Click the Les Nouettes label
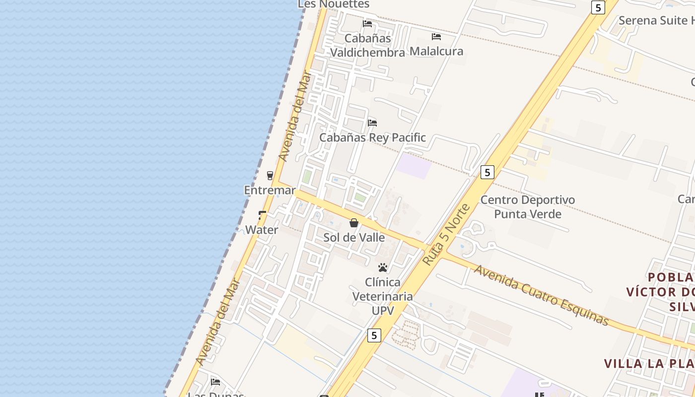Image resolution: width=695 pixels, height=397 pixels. tap(334, 4)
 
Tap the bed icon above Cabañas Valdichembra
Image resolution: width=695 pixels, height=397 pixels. tap(367, 23)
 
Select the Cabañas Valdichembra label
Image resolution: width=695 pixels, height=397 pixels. tap(368, 45)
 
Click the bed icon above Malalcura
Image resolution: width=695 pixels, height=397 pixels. tap(436, 36)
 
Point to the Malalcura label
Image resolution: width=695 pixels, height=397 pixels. tap(436, 51)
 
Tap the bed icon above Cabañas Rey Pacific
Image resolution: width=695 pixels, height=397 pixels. tap(372, 123)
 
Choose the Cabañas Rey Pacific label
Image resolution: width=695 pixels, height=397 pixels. tap(372, 137)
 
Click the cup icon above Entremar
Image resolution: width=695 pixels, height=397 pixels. tap(270, 175)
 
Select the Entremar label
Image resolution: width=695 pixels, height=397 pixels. tap(270, 190)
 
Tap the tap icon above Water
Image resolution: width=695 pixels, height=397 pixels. tap(262, 215)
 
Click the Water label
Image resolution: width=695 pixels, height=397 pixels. tap(262, 230)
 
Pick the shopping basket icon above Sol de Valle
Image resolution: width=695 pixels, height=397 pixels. tap(354, 223)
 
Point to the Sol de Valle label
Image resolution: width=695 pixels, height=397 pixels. tap(354, 237)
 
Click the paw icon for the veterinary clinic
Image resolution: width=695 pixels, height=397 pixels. tap(383, 267)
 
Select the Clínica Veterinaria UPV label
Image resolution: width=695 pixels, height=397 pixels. tap(383, 296)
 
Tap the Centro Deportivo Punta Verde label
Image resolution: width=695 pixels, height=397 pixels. tap(528, 207)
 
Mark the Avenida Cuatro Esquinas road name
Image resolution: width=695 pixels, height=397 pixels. tap(541, 295)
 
